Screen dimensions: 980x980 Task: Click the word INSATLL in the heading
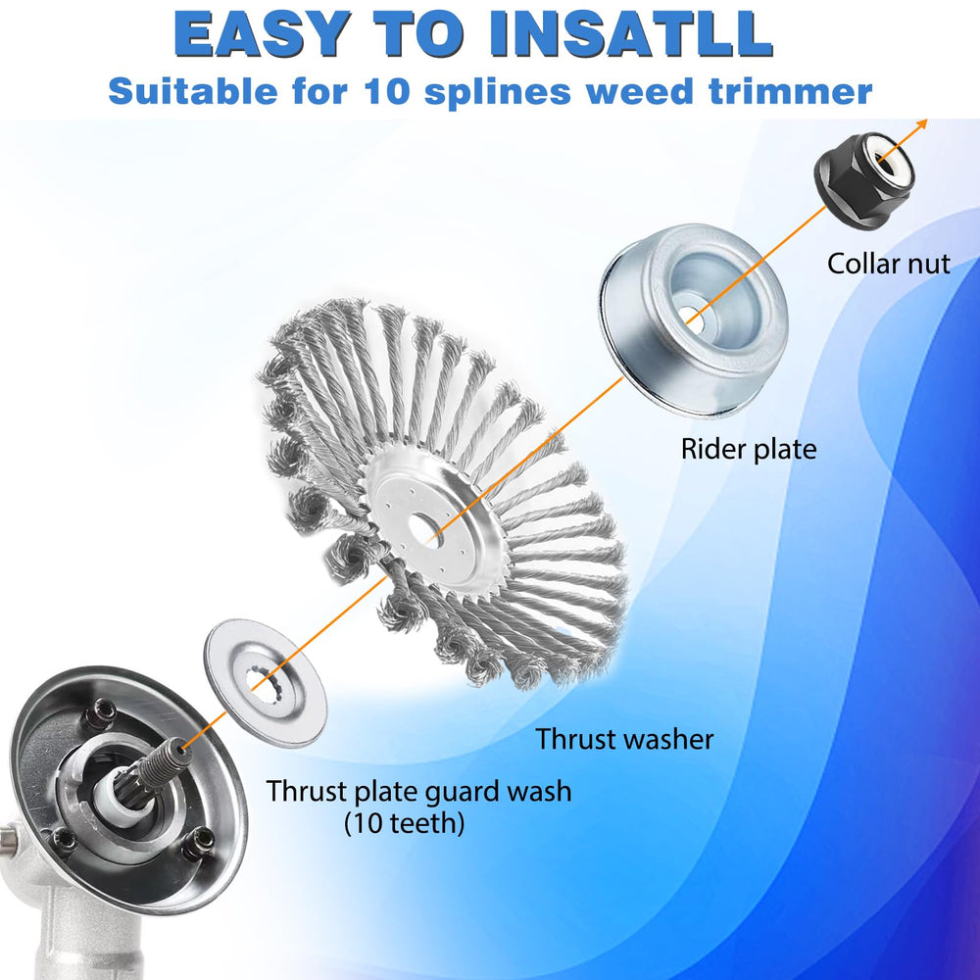(632, 34)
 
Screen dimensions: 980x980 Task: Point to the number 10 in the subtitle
(387, 91)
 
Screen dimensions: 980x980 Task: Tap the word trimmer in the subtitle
(791, 91)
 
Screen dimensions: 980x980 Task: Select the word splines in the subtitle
(498, 92)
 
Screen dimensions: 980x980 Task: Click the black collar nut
(863, 180)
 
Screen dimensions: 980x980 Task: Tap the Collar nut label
(889, 264)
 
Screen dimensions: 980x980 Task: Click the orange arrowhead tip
(927, 122)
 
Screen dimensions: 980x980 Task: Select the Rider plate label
(749, 450)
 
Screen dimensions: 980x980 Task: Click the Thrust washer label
(624, 739)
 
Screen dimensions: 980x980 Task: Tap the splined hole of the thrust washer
(267, 680)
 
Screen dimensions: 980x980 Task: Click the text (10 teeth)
(405, 823)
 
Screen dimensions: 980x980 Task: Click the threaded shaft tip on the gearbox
(181, 745)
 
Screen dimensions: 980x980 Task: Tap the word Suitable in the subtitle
(193, 91)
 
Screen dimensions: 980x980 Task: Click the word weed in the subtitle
(640, 91)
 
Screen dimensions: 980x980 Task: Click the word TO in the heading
(419, 34)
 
